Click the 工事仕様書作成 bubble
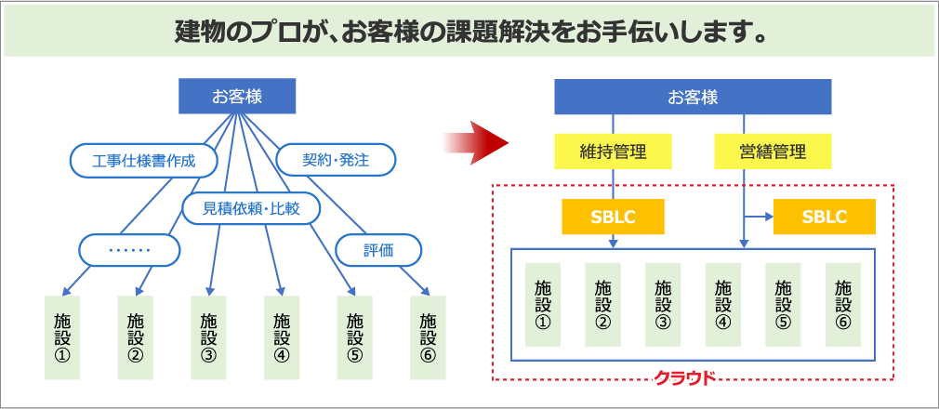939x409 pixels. point(143,160)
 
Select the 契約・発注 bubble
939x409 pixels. point(336,160)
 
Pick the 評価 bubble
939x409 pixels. point(378,249)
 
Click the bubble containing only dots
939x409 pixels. point(129,249)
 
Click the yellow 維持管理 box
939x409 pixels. point(613,151)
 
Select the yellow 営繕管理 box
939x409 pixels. point(773,151)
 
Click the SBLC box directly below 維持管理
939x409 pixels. point(613,217)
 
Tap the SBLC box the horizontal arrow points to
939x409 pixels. point(824,217)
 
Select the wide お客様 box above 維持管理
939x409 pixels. point(693,97)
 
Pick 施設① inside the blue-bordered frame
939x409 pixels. point(543,305)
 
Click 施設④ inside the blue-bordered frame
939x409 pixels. point(722,305)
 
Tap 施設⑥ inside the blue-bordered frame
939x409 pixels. point(842,305)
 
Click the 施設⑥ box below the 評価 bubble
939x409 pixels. point(428,336)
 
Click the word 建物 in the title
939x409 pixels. point(196,33)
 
